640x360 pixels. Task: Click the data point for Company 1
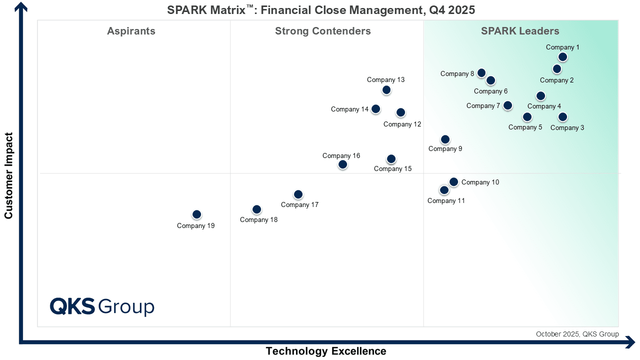click(562, 57)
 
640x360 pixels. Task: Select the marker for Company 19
click(196, 214)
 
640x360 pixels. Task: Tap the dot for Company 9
click(445, 139)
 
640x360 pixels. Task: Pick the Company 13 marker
click(386, 90)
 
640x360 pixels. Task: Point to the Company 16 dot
click(342, 164)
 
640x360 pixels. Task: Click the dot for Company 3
click(562, 117)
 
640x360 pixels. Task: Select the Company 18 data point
click(256, 209)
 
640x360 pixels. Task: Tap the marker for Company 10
click(453, 182)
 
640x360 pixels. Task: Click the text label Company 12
click(402, 124)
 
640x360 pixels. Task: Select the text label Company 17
click(299, 205)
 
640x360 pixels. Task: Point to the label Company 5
click(525, 127)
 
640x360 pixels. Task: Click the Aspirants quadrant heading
click(131, 31)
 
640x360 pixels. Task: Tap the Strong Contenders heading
click(323, 31)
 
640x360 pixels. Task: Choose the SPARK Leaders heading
click(520, 31)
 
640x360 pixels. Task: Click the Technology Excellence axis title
click(325, 351)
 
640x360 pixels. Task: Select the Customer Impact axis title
click(8, 175)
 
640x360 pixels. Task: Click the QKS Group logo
click(102, 306)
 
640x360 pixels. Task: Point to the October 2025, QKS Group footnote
click(577, 334)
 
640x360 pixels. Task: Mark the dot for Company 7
click(507, 105)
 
